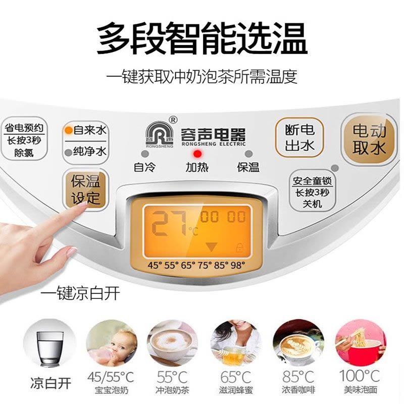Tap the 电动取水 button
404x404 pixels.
[369, 139]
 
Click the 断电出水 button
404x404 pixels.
[299, 137]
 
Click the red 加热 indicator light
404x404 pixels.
[197, 154]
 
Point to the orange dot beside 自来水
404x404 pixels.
[69, 130]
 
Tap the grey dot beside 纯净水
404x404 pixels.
[69, 153]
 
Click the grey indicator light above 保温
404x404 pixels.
[248, 154]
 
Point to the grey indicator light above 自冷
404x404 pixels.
[145, 154]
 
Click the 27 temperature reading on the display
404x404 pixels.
[169, 223]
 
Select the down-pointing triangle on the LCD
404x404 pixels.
[212, 247]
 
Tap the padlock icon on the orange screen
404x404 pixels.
[240, 247]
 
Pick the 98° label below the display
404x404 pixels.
[237, 265]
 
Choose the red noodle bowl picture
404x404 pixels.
[361, 344]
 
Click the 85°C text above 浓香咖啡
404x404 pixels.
[298, 377]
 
